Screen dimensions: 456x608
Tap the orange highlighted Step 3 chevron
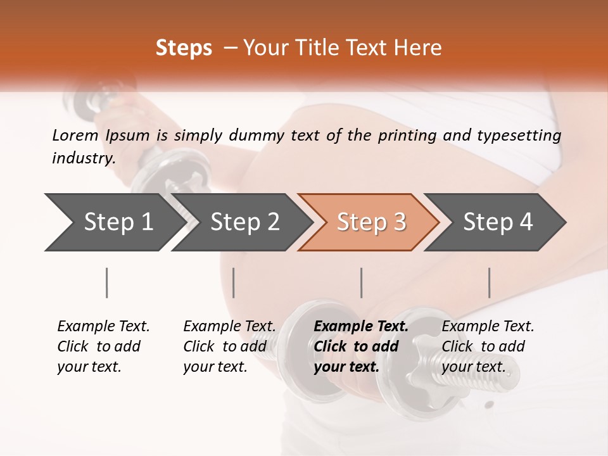pyautogui.click(x=371, y=222)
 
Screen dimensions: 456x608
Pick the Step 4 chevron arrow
pyautogui.click(x=498, y=222)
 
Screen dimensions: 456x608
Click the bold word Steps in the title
pyautogui.click(x=184, y=47)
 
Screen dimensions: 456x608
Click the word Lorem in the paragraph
pyautogui.click(x=75, y=136)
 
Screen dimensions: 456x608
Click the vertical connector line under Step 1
pyautogui.click(x=106, y=282)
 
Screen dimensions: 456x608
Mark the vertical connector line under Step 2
pyautogui.click(x=234, y=282)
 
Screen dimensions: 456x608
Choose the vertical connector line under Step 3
pyautogui.click(x=361, y=282)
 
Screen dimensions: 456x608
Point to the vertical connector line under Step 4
pyautogui.click(x=489, y=282)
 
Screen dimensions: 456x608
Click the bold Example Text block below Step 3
pyautogui.click(x=361, y=346)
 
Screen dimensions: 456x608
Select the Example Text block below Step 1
pyautogui.click(x=103, y=346)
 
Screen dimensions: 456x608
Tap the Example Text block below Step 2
pyautogui.click(x=229, y=346)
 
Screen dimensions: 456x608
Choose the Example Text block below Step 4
pyautogui.click(x=488, y=346)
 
